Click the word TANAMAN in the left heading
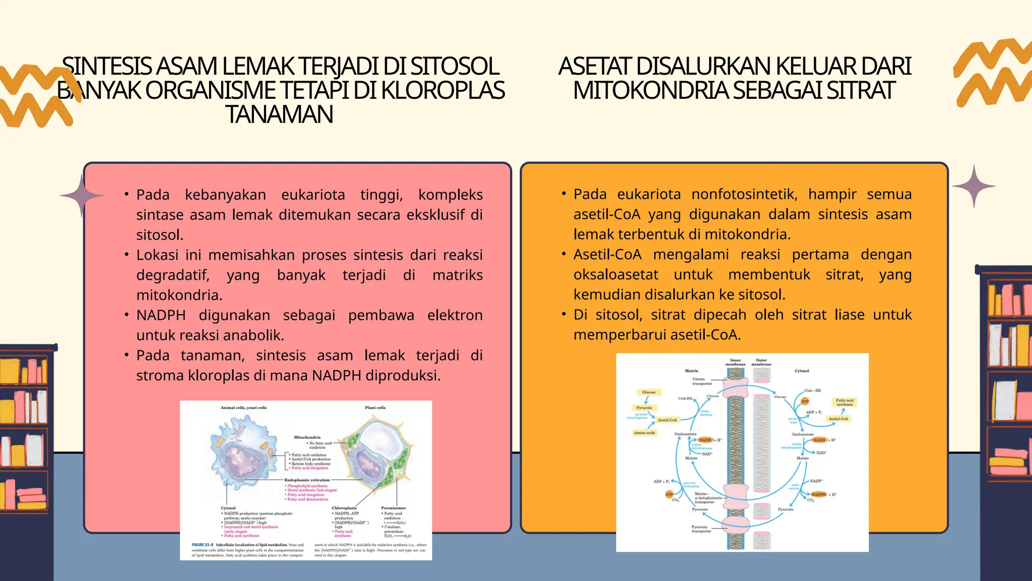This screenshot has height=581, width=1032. [279, 114]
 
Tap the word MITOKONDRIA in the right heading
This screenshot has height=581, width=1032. [651, 91]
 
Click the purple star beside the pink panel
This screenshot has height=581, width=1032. [82, 196]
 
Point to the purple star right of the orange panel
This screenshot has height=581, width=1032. [974, 187]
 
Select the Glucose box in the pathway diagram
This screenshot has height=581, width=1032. [649, 392]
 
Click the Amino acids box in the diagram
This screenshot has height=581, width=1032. [644, 433]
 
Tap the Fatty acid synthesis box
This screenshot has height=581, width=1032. [845, 402]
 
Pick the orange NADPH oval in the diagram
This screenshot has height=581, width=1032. [819, 494]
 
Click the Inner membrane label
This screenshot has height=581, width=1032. [735, 362]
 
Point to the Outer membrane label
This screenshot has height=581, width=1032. [761, 362]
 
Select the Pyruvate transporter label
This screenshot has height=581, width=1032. [701, 529]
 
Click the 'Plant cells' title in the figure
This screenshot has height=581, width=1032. [375, 408]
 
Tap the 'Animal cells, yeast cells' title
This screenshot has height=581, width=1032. [243, 408]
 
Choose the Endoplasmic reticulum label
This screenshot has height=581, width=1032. [307, 480]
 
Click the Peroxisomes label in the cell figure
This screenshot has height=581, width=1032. [393, 508]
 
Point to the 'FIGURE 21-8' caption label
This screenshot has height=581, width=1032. [202, 545]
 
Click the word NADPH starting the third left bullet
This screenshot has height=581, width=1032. [161, 316]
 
